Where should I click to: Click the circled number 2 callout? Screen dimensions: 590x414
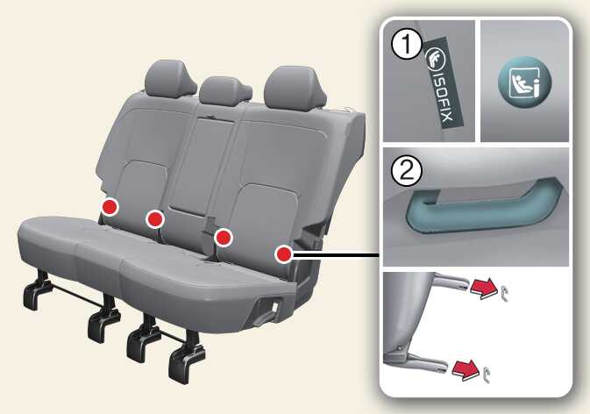click(407, 172)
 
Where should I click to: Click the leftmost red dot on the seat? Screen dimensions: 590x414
click(110, 207)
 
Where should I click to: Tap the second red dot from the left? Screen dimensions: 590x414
click(155, 219)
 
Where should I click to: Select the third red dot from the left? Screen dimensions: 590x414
click(224, 238)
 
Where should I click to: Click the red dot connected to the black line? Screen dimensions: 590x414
click(284, 254)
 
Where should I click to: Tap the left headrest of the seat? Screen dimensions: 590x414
click(170, 78)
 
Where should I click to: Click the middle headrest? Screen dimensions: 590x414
click(224, 90)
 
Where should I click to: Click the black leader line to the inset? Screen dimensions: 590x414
click(336, 254)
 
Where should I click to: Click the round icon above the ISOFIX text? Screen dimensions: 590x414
click(436, 60)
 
